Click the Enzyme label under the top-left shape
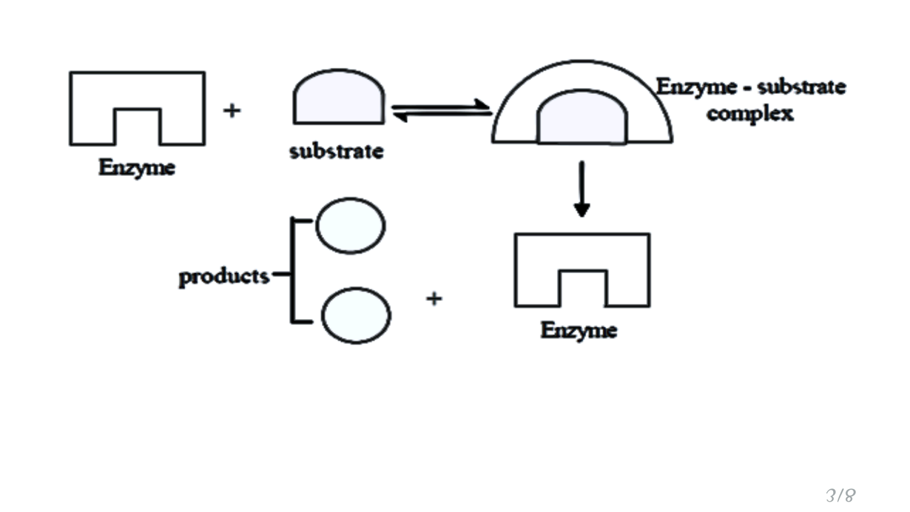click(x=136, y=167)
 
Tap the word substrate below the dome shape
click(x=336, y=151)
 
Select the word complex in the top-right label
click(x=750, y=114)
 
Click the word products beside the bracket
click(x=224, y=276)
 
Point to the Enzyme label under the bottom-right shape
click(x=578, y=331)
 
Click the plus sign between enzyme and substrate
click(x=231, y=110)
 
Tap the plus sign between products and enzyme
click(x=434, y=298)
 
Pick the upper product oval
click(x=350, y=226)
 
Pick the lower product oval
click(x=356, y=315)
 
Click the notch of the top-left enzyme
click(x=138, y=126)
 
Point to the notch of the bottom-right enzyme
click(x=583, y=288)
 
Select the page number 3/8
click(x=841, y=495)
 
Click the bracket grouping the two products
click(x=292, y=271)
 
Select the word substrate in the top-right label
click(x=802, y=87)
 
